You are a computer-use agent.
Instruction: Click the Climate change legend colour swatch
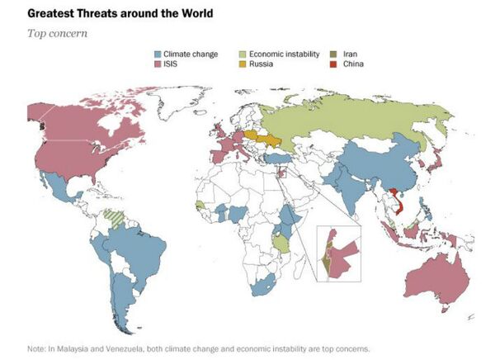click(x=157, y=54)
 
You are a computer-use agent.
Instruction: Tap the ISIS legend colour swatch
click(x=157, y=63)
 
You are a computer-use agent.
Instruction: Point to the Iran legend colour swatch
click(x=334, y=54)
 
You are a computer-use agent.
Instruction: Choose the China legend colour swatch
click(x=334, y=63)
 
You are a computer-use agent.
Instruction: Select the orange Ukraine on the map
click(x=269, y=138)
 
